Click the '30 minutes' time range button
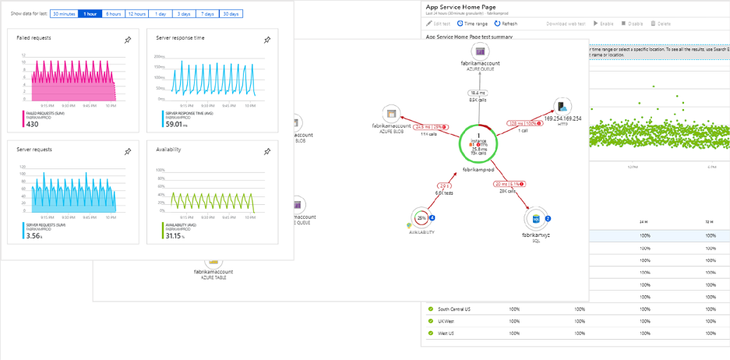64,14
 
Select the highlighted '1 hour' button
90,14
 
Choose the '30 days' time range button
230,14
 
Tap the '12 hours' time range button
136,14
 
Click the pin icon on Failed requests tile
128,40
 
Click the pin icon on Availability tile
267,151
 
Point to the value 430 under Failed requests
32,124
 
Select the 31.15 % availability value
174,235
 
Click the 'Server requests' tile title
34,149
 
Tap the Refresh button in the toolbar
506,24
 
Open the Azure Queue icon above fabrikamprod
481,51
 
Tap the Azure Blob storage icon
392,114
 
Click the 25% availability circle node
422,218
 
